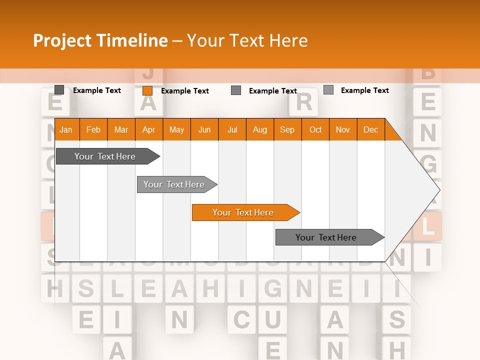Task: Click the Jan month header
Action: [66, 129]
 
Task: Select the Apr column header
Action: [148, 129]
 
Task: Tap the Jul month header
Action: [232, 129]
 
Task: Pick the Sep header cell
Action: [287, 129]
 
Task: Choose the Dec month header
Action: [370, 129]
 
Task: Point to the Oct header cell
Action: [315, 129]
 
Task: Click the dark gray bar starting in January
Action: [105, 156]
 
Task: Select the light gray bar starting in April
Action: [174, 184]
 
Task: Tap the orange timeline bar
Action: [243, 212]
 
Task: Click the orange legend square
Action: [147, 90]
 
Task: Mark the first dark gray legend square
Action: [59, 90]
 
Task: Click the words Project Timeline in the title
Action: [100, 40]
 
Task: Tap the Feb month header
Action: [93, 129]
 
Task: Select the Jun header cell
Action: [204, 129]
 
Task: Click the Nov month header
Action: [343, 129]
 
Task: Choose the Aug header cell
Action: [260, 129]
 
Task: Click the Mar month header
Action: [121, 129]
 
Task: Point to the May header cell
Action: [176, 129]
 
